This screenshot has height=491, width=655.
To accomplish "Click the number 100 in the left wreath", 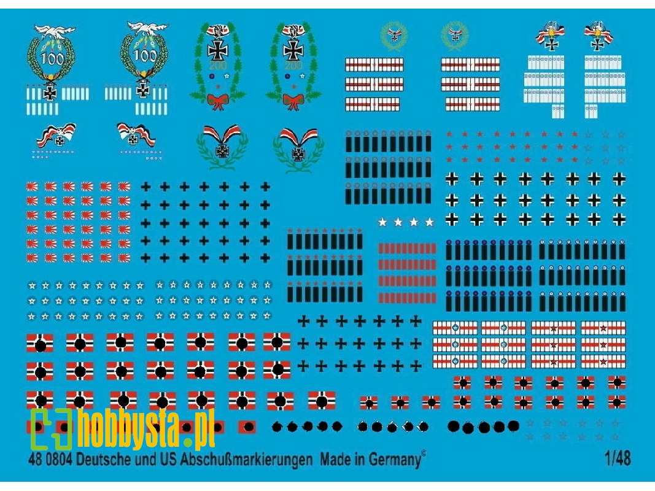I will coord(48,58).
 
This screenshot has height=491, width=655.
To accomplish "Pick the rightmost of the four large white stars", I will coord(430,222).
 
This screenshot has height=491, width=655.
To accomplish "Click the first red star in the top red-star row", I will coord(450,134).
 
